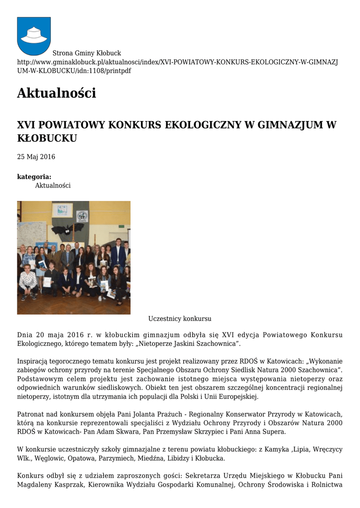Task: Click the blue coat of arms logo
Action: point(34,36)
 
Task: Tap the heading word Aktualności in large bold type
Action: point(56,93)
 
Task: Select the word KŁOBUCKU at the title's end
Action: point(47,138)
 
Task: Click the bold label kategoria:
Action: point(34,177)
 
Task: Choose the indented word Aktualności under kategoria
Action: point(53,186)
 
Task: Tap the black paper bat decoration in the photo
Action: point(68,229)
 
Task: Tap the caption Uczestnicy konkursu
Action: point(180,318)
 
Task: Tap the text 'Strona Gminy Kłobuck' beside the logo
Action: point(87,53)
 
